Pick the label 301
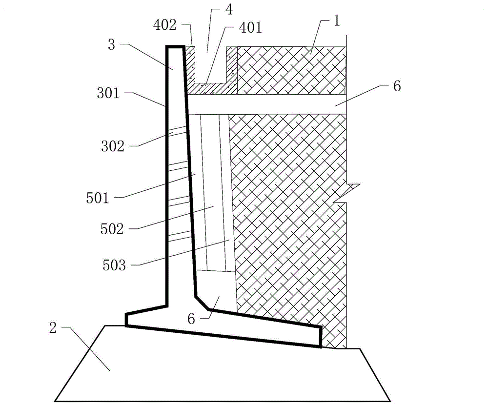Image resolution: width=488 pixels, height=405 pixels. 108,92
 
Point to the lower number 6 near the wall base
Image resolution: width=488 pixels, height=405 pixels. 191,319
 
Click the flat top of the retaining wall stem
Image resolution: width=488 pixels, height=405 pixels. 175,47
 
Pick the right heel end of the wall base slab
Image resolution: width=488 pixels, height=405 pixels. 320,337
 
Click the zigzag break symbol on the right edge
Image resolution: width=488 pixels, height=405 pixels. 352,193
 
